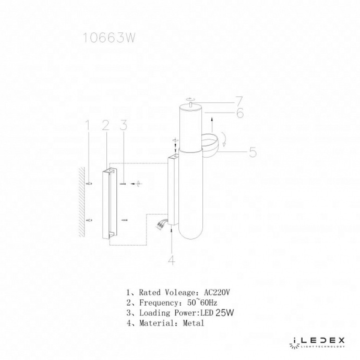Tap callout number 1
point(88,125)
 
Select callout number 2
point(105,125)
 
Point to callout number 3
point(123,125)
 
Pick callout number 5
point(252,152)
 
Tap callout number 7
point(239,101)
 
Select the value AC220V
point(216,293)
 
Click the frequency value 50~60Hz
point(202,303)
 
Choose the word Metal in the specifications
point(194,323)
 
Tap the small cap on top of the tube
point(191,103)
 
